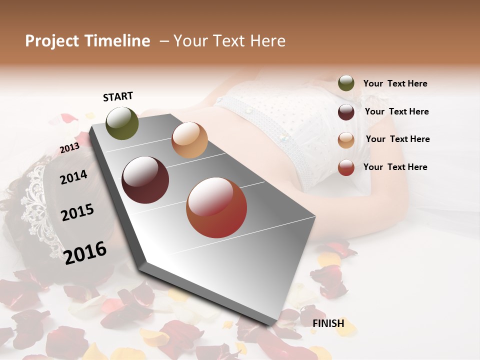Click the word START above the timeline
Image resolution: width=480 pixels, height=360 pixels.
point(118,96)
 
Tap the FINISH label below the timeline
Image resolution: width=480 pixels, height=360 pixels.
point(328,323)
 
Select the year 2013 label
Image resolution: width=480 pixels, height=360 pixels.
point(69,148)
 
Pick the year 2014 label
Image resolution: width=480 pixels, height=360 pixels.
point(73,177)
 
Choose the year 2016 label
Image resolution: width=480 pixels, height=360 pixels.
point(85,252)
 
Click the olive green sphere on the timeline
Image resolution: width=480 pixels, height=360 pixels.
point(122,123)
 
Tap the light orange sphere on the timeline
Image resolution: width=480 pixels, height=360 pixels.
point(189,140)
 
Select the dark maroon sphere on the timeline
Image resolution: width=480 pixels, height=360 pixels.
point(145,180)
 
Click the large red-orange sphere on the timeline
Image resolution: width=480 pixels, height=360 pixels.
point(216,207)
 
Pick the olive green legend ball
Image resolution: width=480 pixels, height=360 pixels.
point(346,83)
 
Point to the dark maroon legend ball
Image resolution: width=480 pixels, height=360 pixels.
point(346,111)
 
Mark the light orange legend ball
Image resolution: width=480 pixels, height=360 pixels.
point(346,139)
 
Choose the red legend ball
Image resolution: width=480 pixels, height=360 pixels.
point(346,167)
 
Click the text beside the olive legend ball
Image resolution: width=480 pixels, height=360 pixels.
point(395,83)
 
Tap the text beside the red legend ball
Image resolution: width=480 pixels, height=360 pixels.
point(395,167)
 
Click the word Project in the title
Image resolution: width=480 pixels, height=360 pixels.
point(51,41)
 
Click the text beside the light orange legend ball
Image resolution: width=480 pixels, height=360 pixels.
point(397,139)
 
